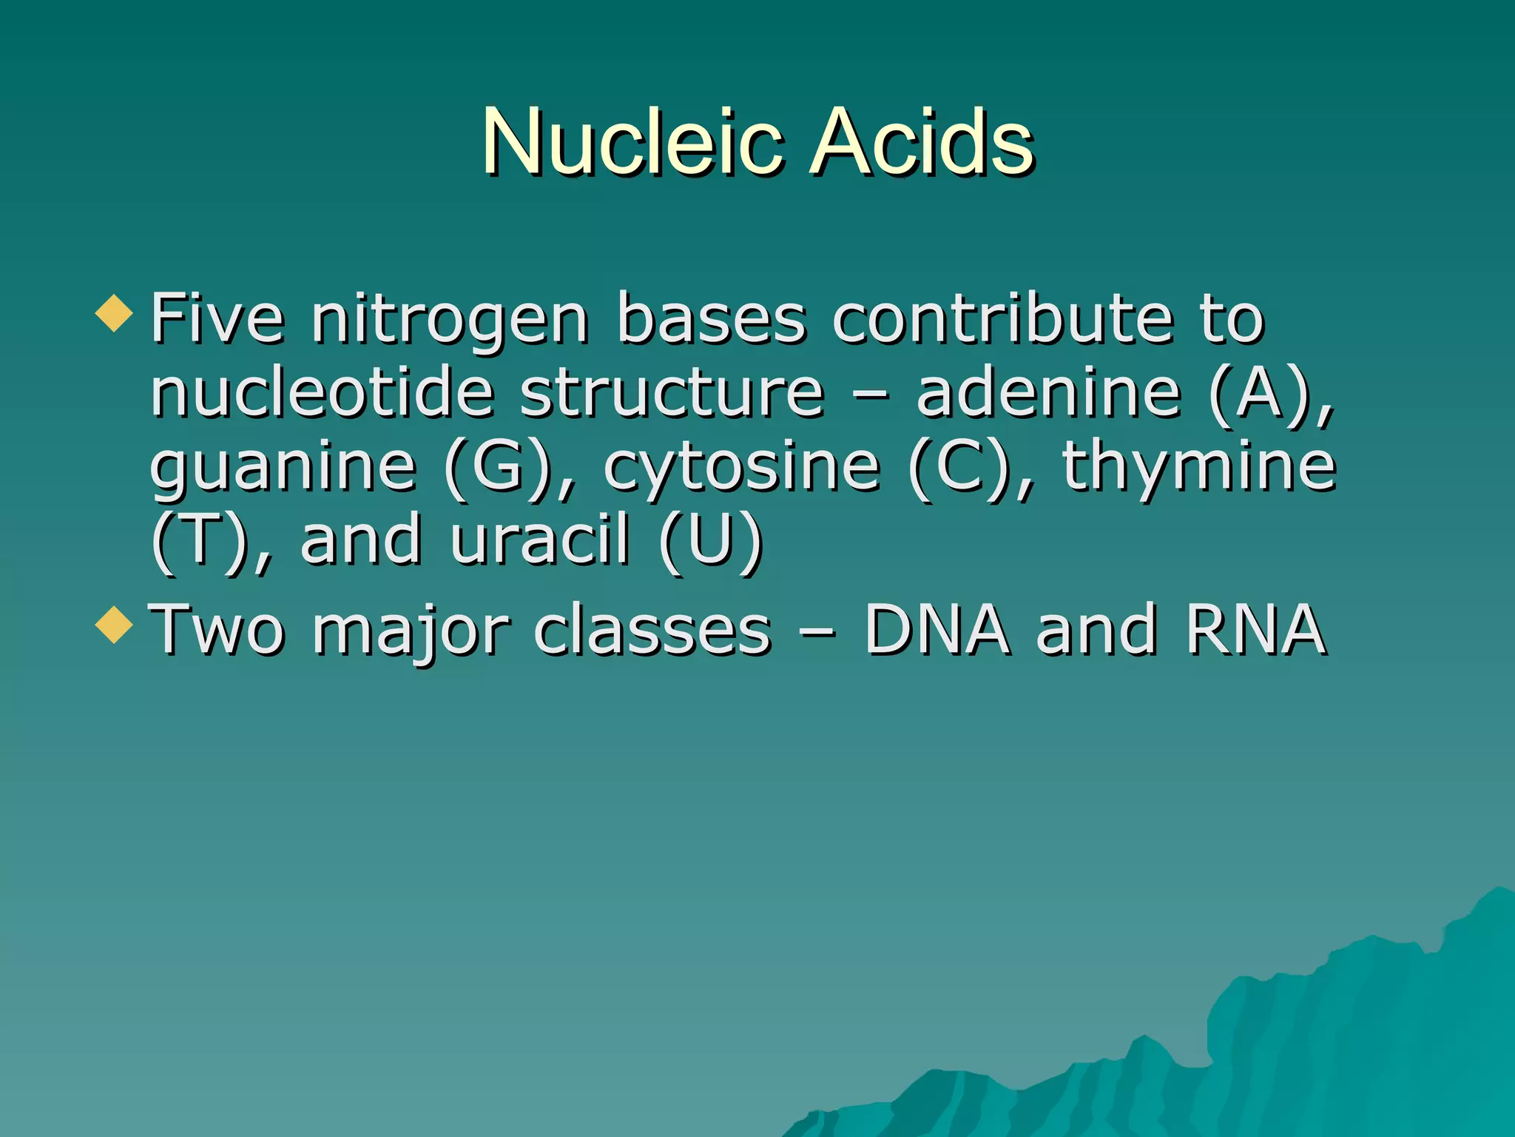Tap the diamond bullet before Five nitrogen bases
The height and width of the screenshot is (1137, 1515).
(114, 312)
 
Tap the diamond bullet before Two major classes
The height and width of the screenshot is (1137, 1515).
(114, 624)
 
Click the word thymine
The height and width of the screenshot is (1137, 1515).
(1199, 468)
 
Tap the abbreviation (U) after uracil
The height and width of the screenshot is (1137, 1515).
(711, 540)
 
